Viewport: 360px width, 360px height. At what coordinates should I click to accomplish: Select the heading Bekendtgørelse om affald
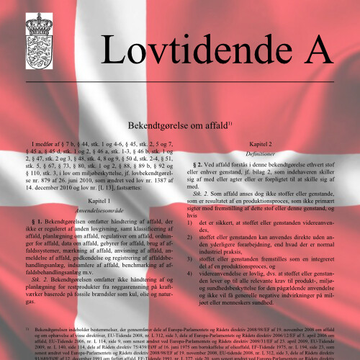pos(177,125)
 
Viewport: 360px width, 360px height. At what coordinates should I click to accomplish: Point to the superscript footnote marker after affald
pos(230,122)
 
